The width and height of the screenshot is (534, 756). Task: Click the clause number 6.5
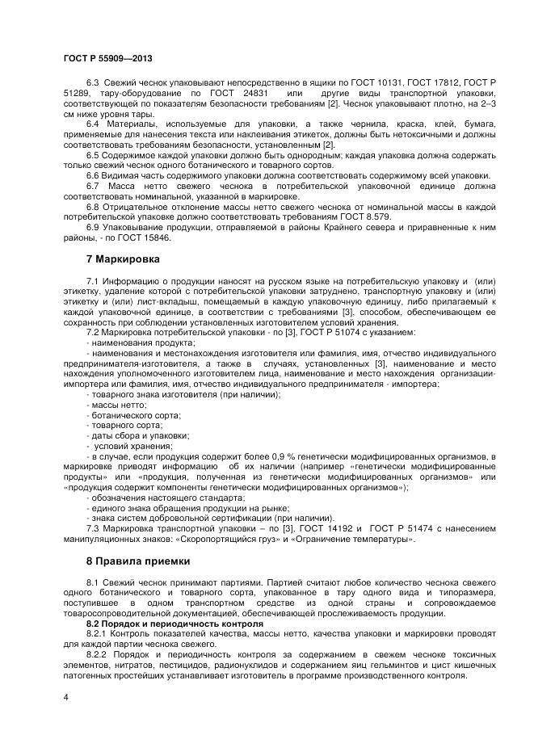pyautogui.click(x=93, y=154)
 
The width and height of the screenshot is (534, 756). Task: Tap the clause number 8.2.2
pyautogui.click(x=98, y=654)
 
